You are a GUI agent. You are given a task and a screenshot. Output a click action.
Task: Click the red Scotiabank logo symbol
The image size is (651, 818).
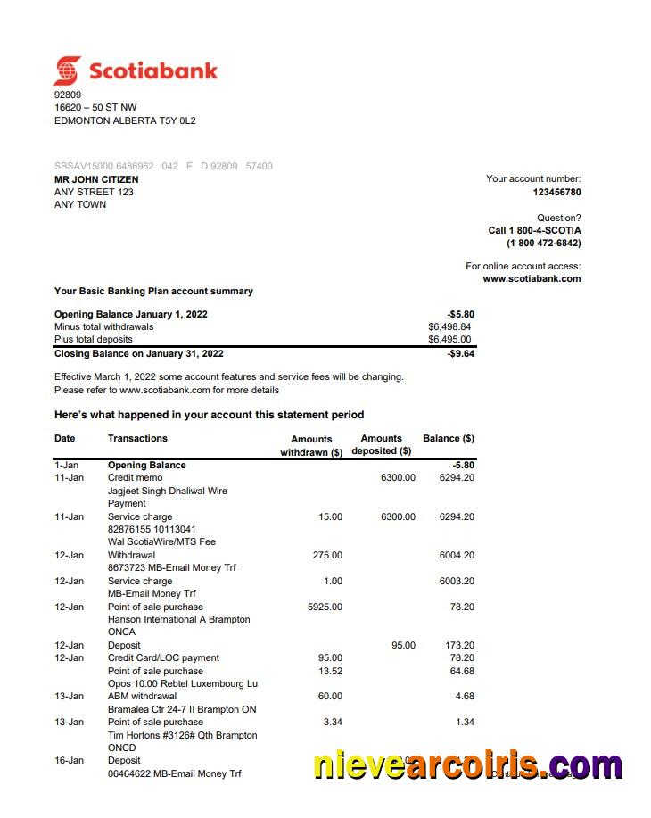coord(67,70)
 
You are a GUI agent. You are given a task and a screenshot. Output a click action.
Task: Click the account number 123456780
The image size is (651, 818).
coord(556,192)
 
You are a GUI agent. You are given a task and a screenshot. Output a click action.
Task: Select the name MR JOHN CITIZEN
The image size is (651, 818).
coord(96,179)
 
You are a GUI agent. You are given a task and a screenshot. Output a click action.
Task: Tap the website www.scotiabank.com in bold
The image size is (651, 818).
coord(532,278)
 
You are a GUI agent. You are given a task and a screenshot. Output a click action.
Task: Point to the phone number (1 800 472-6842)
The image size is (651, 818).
coord(543,243)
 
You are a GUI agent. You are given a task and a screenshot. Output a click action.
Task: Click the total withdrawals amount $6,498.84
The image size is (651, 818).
coord(449,326)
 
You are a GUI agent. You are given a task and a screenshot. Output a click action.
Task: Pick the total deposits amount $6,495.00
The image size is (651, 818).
coord(449,339)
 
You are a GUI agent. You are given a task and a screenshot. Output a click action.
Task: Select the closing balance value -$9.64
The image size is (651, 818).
coord(460,353)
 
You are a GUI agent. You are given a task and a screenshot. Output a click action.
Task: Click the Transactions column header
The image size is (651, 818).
coord(137,438)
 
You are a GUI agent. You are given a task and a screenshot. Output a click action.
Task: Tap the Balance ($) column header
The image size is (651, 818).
coord(448,438)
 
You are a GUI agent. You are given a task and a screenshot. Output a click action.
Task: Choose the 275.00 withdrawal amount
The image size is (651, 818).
coord(327,555)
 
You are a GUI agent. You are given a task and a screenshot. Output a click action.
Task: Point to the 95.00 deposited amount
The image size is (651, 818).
coord(403,645)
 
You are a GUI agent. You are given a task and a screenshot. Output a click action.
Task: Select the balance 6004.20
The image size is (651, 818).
coord(457,555)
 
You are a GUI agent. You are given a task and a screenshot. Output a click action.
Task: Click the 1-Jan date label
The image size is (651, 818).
coord(68,465)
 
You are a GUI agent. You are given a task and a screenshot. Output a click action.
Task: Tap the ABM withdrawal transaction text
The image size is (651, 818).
coord(142,696)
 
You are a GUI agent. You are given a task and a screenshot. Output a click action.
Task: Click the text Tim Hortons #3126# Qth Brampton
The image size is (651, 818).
coord(182,735)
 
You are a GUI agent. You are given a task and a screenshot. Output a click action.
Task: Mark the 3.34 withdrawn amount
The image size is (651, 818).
coord(330,722)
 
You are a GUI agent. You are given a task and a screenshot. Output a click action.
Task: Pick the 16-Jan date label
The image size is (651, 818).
coord(69,760)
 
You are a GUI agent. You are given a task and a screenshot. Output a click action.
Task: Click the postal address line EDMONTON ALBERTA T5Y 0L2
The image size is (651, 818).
coord(125,120)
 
